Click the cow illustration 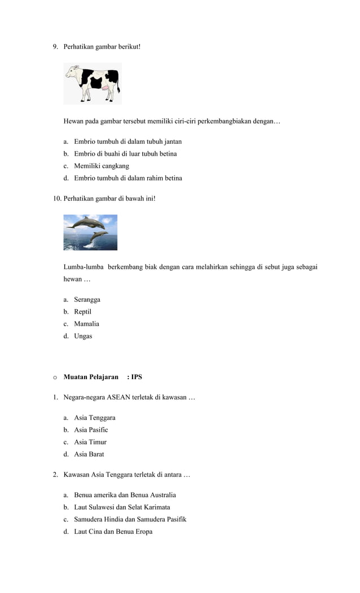click(x=93, y=84)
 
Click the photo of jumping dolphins click(x=90, y=232)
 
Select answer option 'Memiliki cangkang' click(x=102, y=166)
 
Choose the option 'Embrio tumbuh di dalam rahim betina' click(x=128, y=178)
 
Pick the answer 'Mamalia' click(x=86, y=324)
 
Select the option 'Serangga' click(x=87, y=300)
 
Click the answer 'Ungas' click(x=83, y=336)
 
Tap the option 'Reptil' click(x=82, y=311)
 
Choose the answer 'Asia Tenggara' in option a click(x=94, y=418)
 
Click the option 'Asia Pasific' click(x=91, y=430)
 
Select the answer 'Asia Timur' click(x=90, y=442)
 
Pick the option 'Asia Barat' click(x=89, y=454)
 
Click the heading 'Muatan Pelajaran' click(x=91, y=377)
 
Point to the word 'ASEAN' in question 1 click(x=118, y=397)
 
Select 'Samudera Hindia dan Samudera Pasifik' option click(x=130, y=519)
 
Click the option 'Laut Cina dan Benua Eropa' click(x=113, y=531)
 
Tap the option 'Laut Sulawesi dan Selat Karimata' click(x=122, y=507)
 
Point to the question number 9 click(x=55, y=46)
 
